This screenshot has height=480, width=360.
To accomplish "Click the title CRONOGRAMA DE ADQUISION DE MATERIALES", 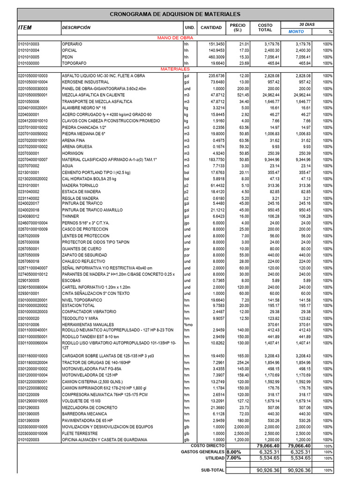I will [175, 15].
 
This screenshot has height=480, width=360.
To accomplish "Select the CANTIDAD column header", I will [211, 28].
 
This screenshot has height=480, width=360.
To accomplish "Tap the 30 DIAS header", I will [307, 24].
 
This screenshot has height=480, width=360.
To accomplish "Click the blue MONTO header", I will [296, 31].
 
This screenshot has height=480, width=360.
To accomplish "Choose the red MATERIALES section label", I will [175, 69].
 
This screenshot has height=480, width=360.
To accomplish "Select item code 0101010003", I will [29, 44].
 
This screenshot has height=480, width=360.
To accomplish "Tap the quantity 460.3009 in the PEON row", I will [215, 57].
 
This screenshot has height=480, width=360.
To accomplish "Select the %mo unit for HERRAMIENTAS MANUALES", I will [188, 324].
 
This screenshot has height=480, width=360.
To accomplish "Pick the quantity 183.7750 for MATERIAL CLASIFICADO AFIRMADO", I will [215, 160].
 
